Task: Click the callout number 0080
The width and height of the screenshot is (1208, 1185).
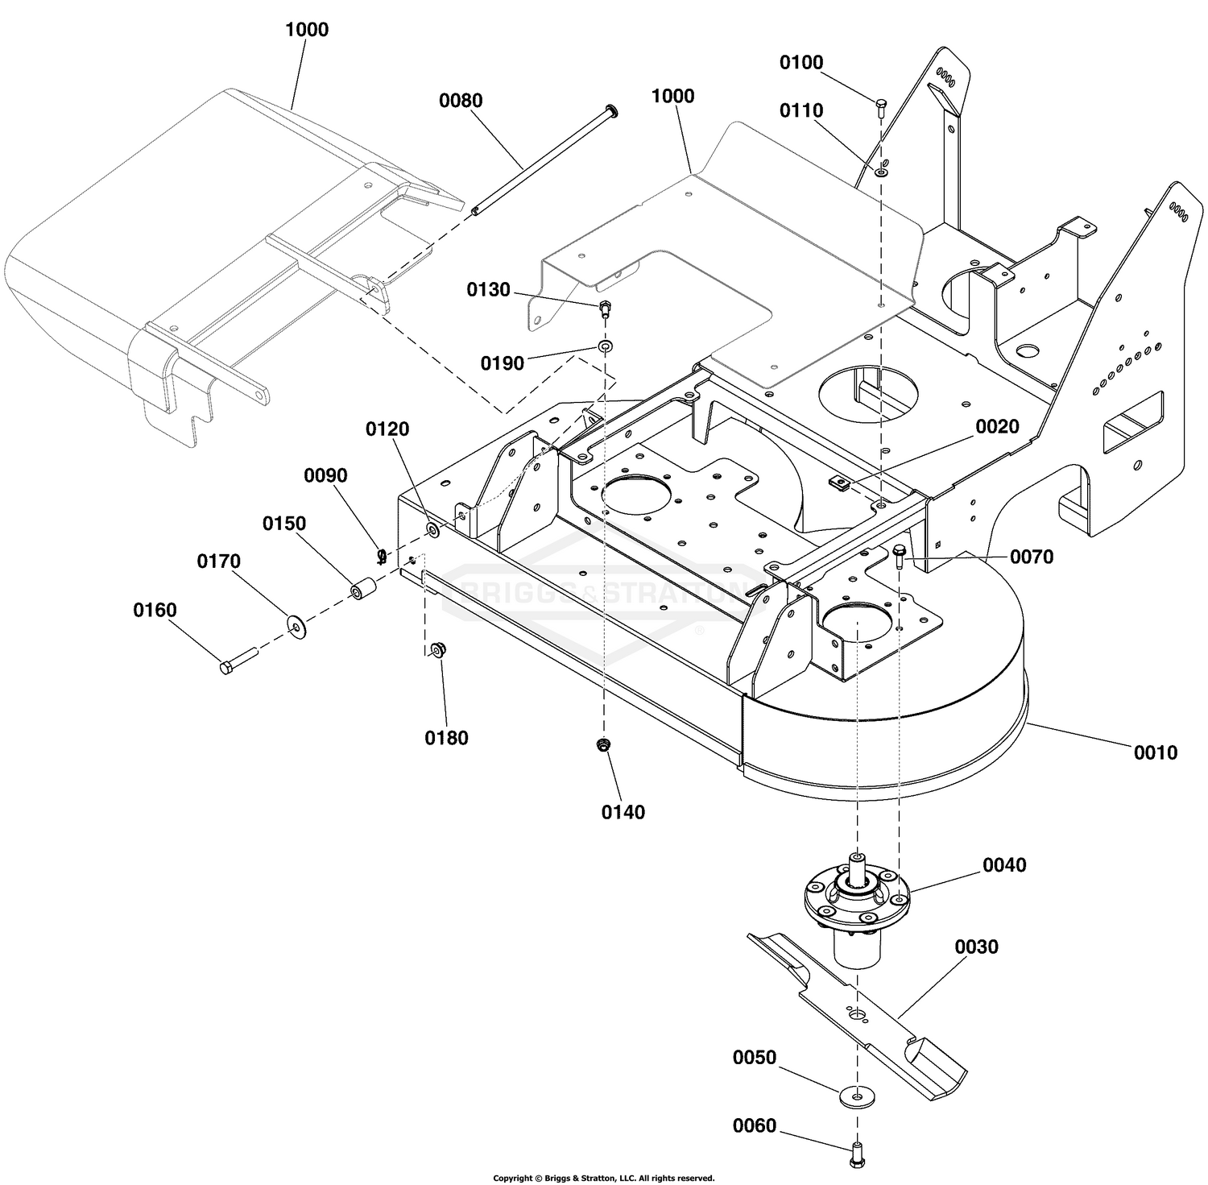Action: [461, 101]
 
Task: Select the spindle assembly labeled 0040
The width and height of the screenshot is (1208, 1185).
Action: [857, 902]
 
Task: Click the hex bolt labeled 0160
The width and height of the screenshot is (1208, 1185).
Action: [238, 659]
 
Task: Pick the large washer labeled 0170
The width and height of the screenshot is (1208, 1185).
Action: [296, 625]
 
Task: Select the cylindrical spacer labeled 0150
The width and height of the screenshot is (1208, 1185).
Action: [358, 590]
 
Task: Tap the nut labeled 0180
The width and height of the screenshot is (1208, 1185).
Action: [438, 650]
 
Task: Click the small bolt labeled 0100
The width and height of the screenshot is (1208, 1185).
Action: [880, 106]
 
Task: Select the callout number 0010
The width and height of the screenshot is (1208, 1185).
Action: [1156, 752]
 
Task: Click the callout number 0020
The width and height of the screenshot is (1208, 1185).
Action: [998, 427]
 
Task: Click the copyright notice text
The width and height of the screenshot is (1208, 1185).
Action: [604, 1178]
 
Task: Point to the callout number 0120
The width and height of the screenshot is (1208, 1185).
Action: [387, 429]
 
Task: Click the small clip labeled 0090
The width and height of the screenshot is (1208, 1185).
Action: [382, 554]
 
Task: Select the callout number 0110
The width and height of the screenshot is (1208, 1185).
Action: [801, 110]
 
